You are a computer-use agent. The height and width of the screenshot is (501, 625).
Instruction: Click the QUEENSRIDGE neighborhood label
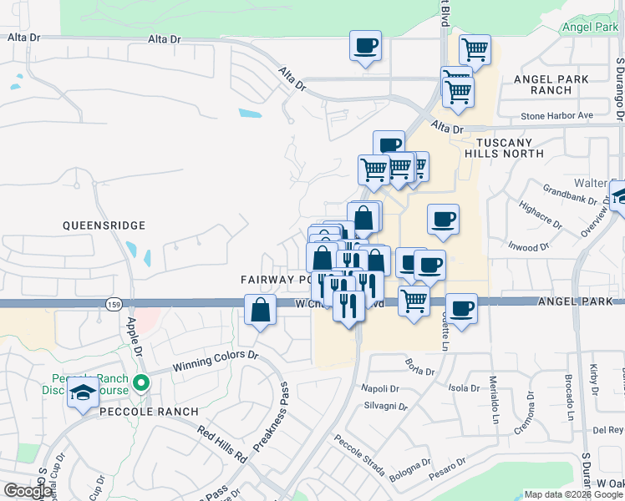click(x=104, y=225)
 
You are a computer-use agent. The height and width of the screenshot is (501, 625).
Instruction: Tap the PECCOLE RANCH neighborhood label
click(x=150, y=412)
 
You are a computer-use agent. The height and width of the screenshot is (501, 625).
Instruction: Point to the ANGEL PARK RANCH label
click(x=551, y=84)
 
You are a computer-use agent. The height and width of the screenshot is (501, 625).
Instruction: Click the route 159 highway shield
click(x=114, y=306)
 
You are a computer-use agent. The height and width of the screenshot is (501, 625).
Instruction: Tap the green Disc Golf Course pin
click(x=141, y=384)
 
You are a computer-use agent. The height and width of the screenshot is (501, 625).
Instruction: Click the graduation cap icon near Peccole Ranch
click(x=83, y=392)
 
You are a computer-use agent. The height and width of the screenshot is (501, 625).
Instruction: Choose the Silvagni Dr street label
click(x=384, y=407)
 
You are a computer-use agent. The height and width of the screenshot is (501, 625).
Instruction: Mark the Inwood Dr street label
click(x=529, y=247)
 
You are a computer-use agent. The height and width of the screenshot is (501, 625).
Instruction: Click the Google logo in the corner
click(x=28, y=491)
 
